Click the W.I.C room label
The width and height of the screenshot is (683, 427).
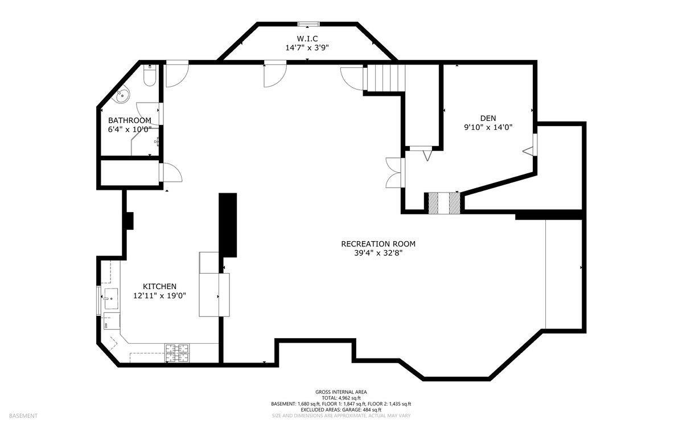tap(307, 39)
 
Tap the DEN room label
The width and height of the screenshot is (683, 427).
tap(488, 118)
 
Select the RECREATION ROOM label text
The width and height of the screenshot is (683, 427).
tap(378, 244)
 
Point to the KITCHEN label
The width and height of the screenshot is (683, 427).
tap(159, 287)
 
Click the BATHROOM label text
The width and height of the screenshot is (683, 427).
tap(130, 120)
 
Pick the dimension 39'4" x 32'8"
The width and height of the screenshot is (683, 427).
tap(378, 253)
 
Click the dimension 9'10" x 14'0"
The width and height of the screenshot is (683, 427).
tap(488, 127)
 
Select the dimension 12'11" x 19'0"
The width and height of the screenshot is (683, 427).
tap(159, 296)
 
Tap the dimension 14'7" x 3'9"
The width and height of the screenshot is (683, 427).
tap(307, 48)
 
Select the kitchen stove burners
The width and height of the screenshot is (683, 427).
tap(177, 353)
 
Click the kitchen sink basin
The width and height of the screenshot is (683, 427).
tap(111, 298)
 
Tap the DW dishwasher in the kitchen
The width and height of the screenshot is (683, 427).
tap(112, 321)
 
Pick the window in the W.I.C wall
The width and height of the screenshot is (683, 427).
tap(308, 24)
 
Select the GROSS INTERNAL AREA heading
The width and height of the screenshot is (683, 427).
tap(341, 392)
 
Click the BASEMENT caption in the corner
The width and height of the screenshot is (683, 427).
tap(23, 416)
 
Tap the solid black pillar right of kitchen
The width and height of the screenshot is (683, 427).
tap(228, 225)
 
